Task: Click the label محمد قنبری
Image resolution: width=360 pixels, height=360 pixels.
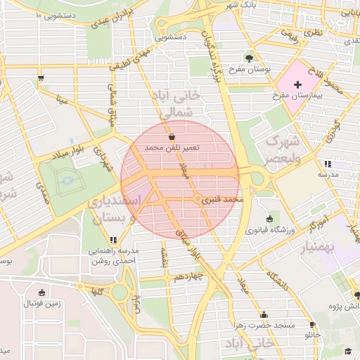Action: (x=222, y=200)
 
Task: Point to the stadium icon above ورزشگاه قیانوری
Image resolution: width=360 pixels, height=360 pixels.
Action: (x=271, y=219)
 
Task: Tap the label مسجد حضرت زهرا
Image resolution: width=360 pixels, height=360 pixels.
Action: (x=265, y=326)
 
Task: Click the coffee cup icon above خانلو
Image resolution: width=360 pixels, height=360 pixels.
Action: (x=311, y=324)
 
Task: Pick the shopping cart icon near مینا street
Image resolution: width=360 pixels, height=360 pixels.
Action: (x=43, y=78)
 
